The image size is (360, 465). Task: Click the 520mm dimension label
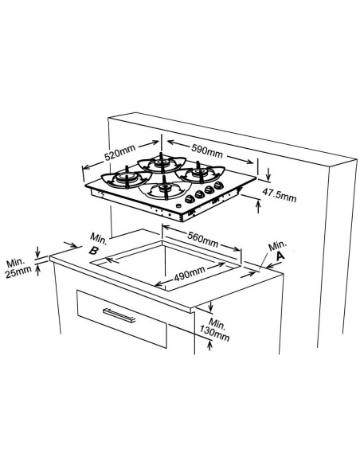pos(119,152)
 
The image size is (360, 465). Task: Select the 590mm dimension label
pos(207,150)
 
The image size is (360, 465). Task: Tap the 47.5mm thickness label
pos(279,194)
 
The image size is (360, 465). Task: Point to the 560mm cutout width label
pos(203,239)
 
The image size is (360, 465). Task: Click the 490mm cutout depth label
pos(190,274)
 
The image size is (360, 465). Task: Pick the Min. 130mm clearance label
pos(215,329)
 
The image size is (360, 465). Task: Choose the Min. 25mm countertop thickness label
pos(18,268)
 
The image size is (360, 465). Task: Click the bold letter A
pos(280,256)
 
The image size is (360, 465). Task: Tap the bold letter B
pos(93,251)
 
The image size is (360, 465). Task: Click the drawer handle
pos(119,315)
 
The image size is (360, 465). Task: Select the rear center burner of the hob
pos(162,163)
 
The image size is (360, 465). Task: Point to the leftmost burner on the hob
pos(127,178)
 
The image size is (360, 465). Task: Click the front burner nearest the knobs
pos(166,189)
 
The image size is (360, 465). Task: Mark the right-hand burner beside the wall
pos(200,174)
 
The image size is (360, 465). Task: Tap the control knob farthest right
pos(218,186)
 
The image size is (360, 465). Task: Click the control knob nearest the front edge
pos(190,199)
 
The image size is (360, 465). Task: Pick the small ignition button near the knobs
pos(178,205)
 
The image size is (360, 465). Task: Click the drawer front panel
pos(122,318)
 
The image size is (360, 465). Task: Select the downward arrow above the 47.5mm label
pos(268,174)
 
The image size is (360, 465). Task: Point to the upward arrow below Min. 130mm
pos(210,346)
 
